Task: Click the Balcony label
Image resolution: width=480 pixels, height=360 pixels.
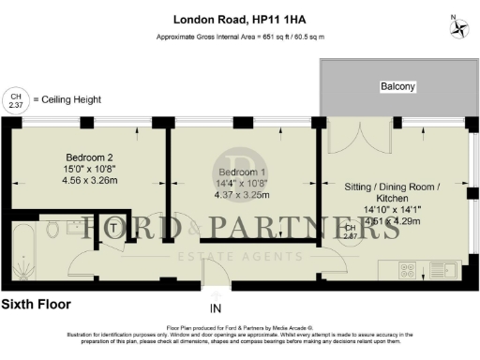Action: pyautogui.click(x=397, y=87)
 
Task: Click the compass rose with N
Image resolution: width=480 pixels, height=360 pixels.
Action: pyautogui.click(x=459, y=26)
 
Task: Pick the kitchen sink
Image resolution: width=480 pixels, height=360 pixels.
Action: pyautogui.click(x=443, y=270)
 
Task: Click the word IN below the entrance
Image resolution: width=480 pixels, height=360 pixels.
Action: pyautogui.click(x=216, y=308)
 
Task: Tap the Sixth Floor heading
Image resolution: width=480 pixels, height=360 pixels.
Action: pyautogui.click(x=36, y=305)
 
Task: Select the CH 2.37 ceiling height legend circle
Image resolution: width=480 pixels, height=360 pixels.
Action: pyautogui.click(x=15, y=99)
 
